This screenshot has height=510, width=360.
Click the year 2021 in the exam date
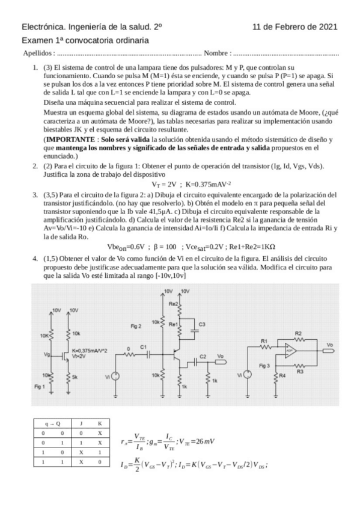(x=327, y=27)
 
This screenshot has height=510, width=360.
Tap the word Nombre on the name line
(x=217, y=54)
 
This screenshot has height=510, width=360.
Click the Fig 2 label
(x=136, y=326)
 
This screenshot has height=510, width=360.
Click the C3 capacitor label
(x=202, y=325)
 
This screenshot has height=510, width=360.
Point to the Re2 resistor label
(x=174, y=304)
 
